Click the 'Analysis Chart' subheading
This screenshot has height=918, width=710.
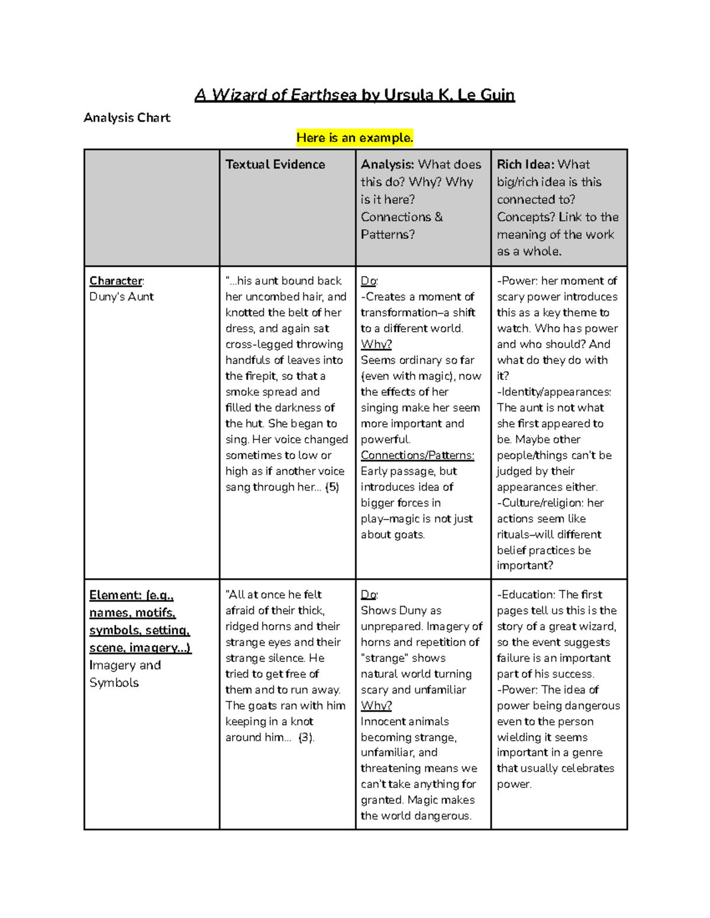127,118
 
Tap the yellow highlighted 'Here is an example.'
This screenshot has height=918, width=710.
354,138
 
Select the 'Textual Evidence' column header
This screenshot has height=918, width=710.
275,164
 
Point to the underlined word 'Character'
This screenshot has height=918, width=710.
116,281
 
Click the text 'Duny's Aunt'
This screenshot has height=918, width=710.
121,297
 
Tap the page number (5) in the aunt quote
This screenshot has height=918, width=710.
333,487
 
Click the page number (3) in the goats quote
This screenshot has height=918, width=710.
306,737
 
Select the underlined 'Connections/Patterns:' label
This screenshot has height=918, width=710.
417,455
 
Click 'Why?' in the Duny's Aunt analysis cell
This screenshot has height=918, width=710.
376,344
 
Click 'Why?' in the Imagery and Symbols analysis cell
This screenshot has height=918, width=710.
376,705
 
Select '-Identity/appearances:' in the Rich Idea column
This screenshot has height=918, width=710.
554,392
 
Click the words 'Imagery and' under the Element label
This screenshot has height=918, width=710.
125,665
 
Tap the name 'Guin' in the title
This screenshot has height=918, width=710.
497,95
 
